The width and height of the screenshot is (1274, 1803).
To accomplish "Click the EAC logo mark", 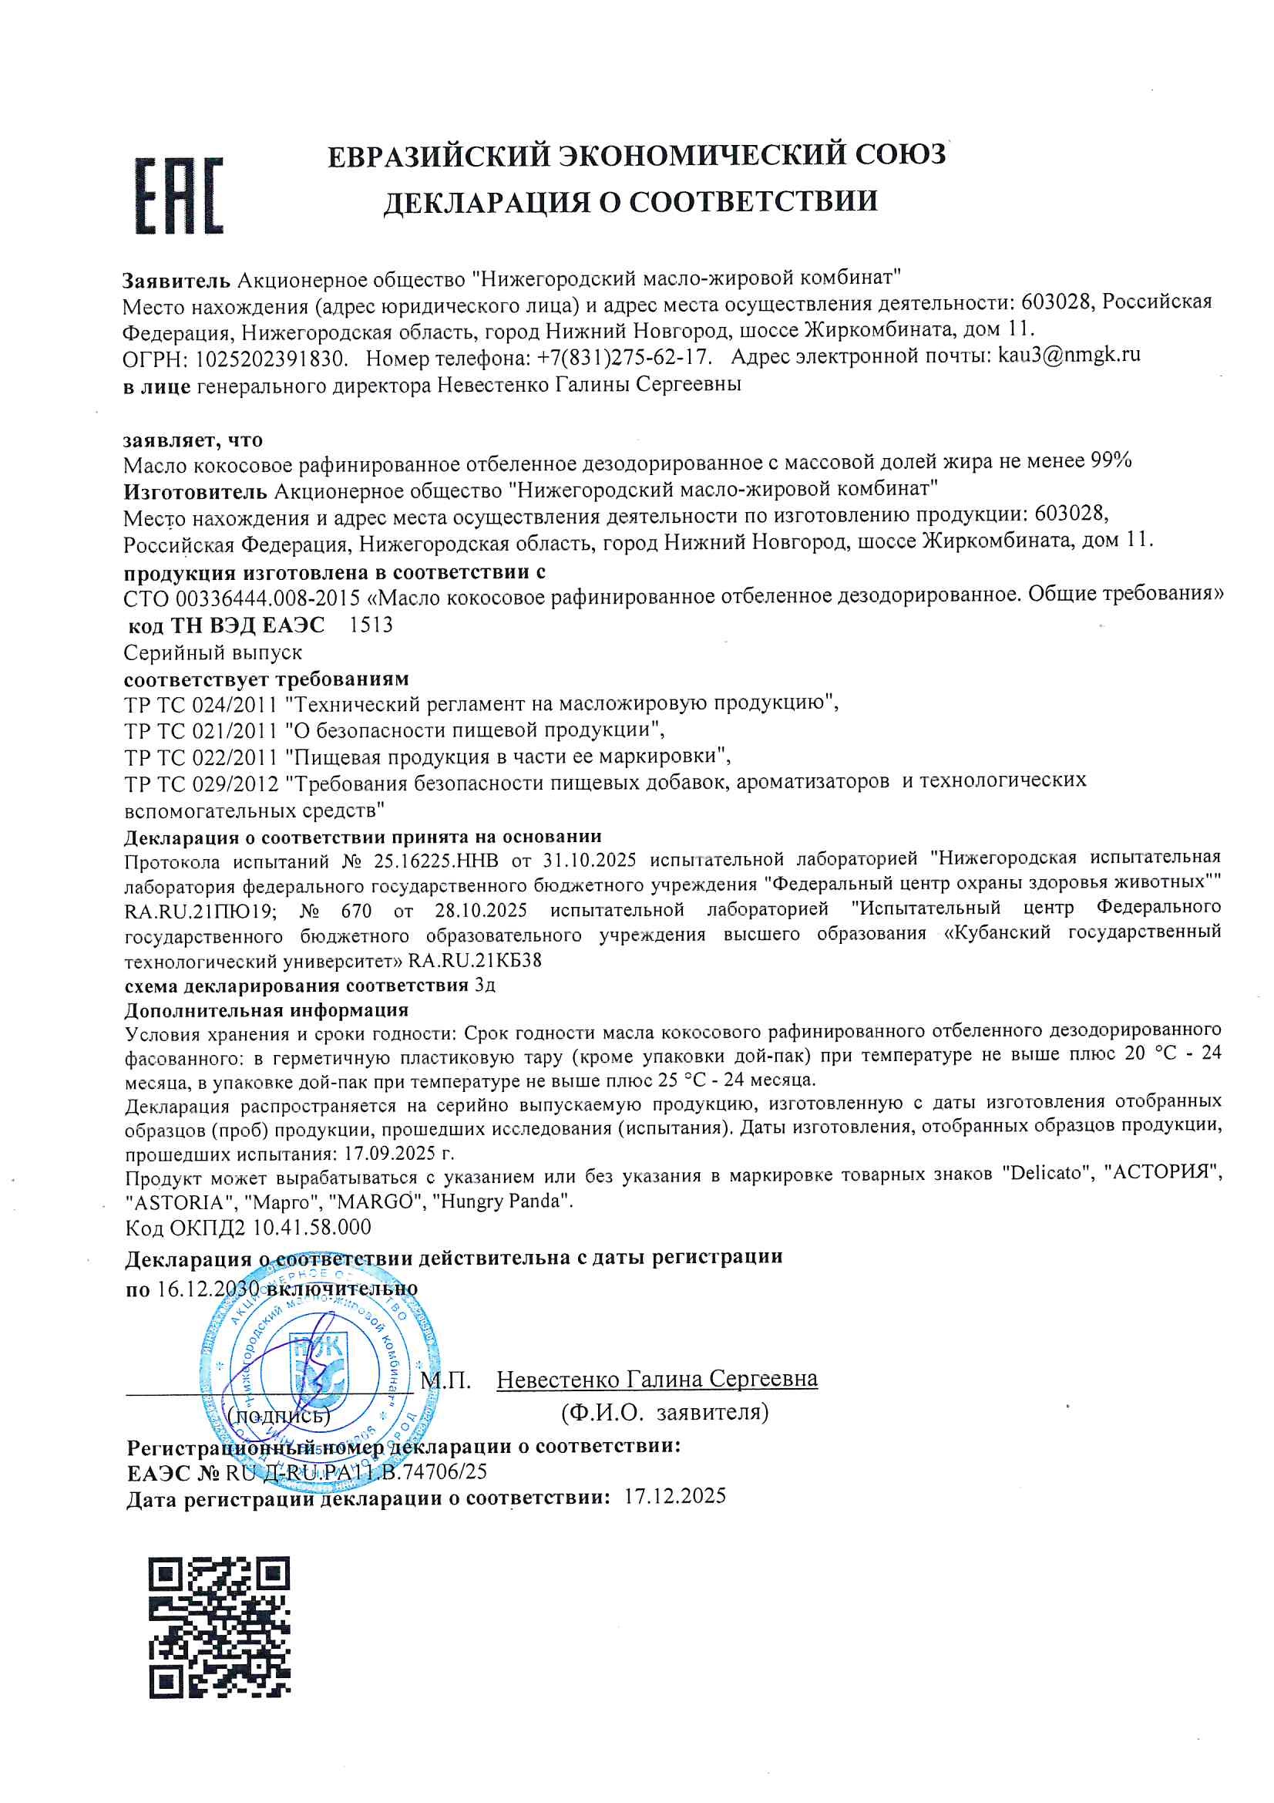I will (x=179, y=196).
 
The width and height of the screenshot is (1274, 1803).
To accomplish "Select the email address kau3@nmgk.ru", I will (x=1068, y=355).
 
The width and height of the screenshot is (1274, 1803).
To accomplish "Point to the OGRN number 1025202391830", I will (x=270, y=359).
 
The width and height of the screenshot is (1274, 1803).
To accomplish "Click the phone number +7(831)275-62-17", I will (x=624, y=357).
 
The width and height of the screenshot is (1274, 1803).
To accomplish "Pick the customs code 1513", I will (x=371, y=625).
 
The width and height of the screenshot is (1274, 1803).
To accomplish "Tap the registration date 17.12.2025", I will (x=675, y=1495).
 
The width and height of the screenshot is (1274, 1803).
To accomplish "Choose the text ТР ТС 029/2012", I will (x=201, y=784).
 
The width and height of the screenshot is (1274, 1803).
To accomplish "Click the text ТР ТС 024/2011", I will (x=201, y=703).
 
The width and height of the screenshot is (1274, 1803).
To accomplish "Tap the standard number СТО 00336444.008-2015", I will (x=242, y=598).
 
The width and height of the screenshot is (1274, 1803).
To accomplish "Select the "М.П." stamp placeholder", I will (x=445, y=1380).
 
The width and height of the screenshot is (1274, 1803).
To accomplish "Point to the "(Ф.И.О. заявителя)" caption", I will (x=664, y=1411).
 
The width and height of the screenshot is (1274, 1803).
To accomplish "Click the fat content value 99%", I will (x=1111, y=460).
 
